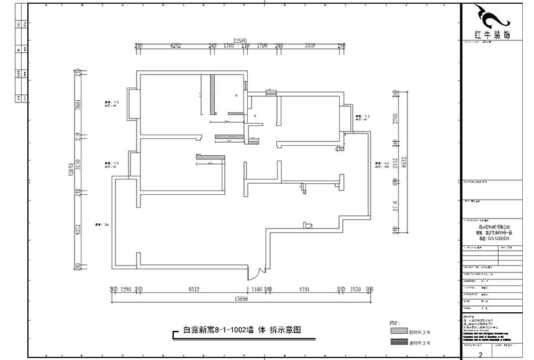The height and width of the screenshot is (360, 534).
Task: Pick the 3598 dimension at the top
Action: click(x=310, y=46)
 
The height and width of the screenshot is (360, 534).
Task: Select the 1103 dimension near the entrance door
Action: click(x=255, y=289)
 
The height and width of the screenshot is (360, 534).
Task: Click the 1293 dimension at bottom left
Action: click(x=127, y=289)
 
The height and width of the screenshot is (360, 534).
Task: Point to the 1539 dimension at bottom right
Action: click(x=356, y=289)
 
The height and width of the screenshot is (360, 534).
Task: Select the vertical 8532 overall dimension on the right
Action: click(x=404, y=163)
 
